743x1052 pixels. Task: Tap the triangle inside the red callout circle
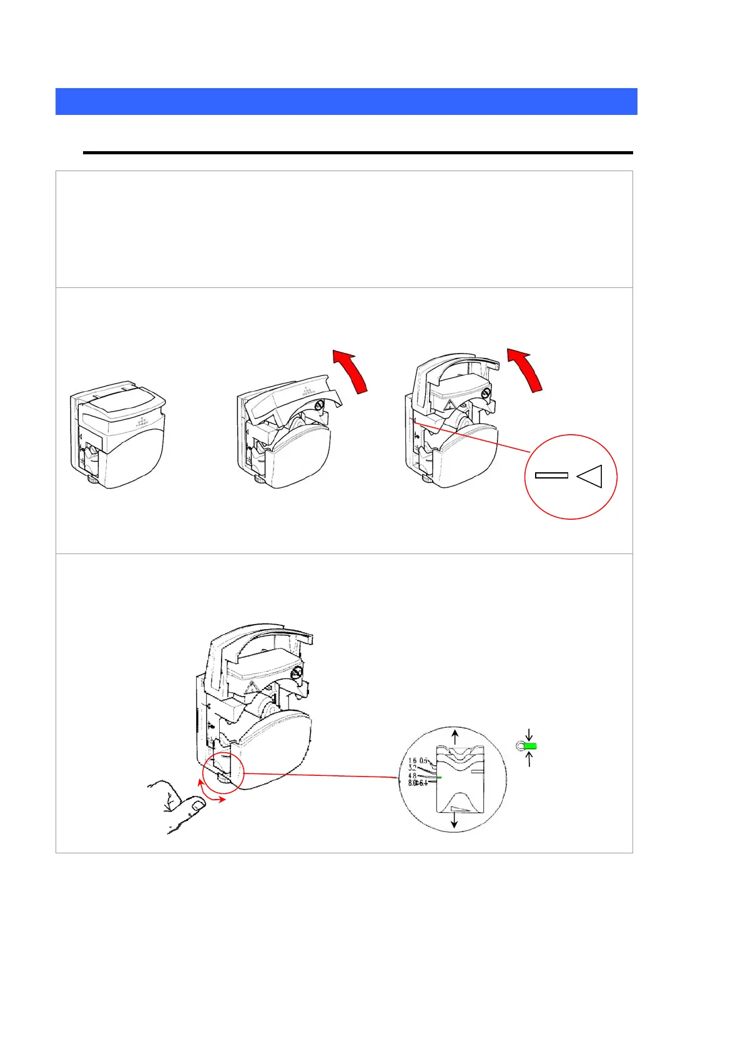click(x=590, y=476)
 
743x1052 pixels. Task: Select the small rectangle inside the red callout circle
click(x=551, y=475)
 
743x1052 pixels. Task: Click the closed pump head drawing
click(x=119, y=437)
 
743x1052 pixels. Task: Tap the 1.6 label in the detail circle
click(x=412, y=761)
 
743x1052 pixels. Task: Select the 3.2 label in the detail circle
click(x=412, y=768)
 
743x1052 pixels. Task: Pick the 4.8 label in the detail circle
click(x=412, y=776)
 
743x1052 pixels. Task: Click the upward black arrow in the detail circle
click(x=455, y=735)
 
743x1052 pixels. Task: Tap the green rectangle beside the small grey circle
click(x=531, y=746)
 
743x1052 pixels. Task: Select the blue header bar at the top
click(x=346, y=101)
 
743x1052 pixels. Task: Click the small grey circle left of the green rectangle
click(x=519, y=746)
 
